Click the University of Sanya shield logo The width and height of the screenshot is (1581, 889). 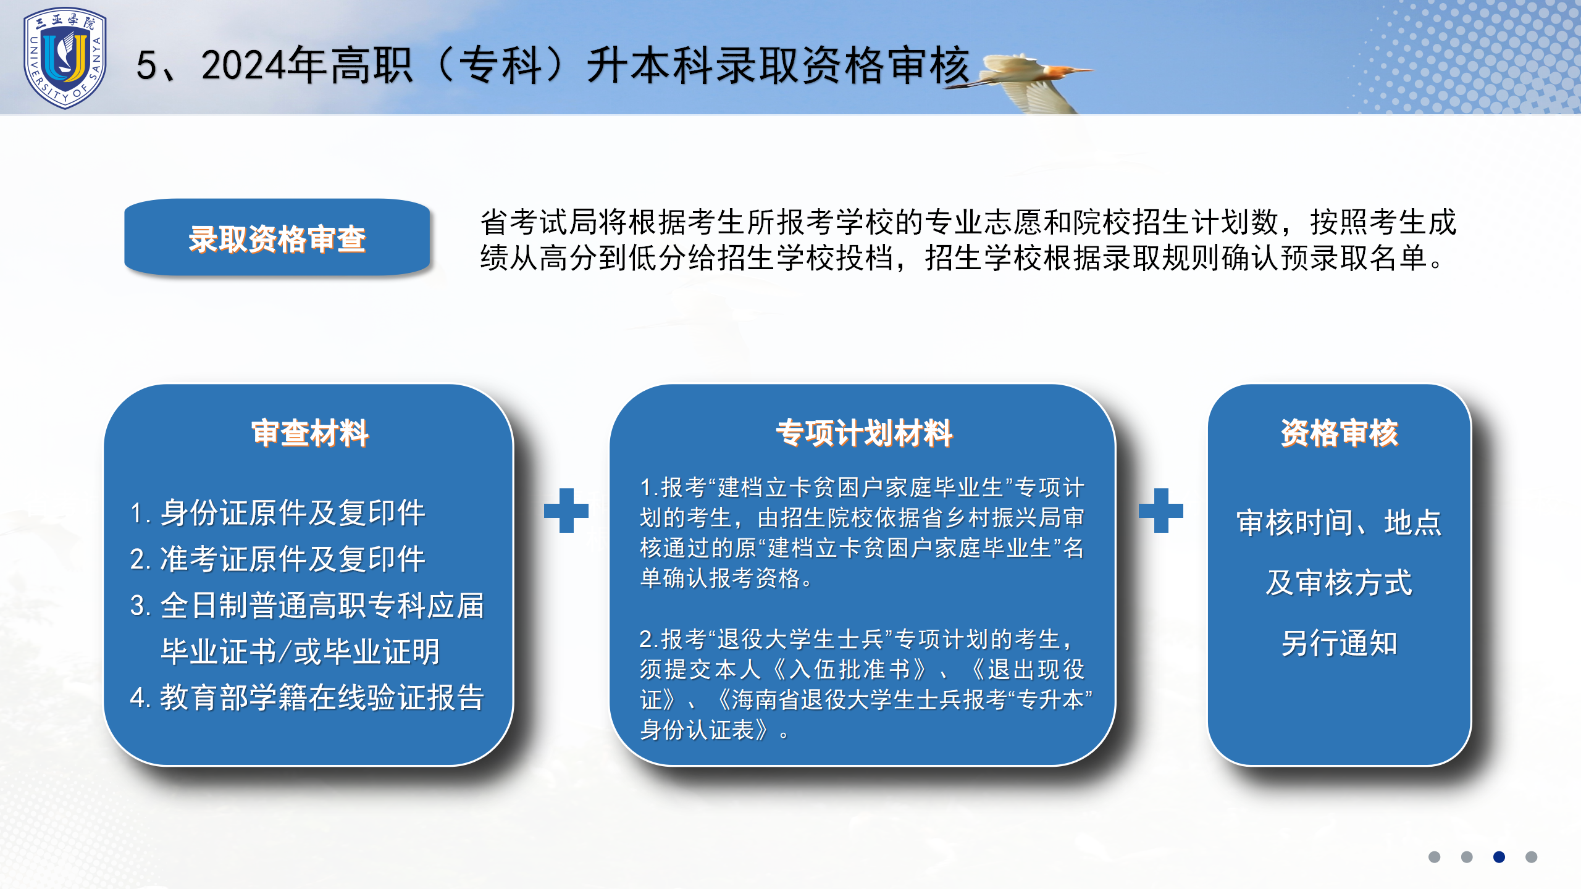pyautogui.click(x=65, y=59)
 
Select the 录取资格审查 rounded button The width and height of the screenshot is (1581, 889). pyautogui.click(x=277, y=238)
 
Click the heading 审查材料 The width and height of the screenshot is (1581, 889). pyautogui.click(x=310, y=433)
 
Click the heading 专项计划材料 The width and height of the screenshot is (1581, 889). pyautogui.click(x=864, y=433)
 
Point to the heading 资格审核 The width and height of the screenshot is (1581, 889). pyautogui.click(x=1339, y=433)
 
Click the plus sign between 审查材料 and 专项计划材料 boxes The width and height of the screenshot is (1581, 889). pyautogui.click(x=566, y=511)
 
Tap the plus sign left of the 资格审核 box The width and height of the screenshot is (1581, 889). pyautogui.click(x=1161, y=511)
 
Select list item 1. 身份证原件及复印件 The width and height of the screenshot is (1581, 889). pyautogui.click(x=277, y=512)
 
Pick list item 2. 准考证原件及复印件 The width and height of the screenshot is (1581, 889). pyautogui.click(x=277, y=559)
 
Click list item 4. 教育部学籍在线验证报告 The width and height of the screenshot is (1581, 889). pyautogui.click(x=307, y=698)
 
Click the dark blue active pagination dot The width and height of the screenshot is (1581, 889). pyautogui.click(x=1499, y=857)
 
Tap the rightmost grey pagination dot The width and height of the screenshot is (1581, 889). pyautogui.click(x=1531, y=857)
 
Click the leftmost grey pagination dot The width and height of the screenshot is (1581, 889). pyautogui.click(x=1435, y=857)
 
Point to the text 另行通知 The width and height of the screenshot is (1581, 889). pyautogui.click(x=1339, y=643)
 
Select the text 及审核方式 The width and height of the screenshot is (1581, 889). pyautogui.click(x=1339, y=583)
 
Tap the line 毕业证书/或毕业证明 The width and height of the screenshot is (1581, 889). pyautogui.click(x=300, y=651)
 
